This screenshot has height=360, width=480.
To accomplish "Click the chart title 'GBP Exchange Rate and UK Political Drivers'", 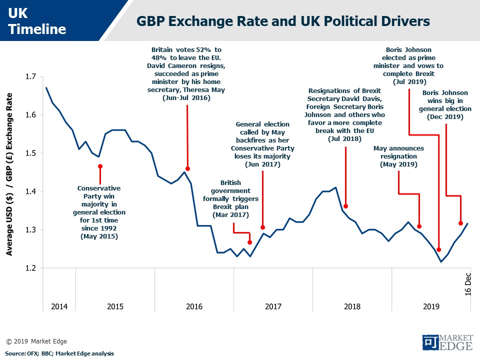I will coord(283,21).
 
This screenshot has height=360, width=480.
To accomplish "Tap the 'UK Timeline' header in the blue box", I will coord(37,22).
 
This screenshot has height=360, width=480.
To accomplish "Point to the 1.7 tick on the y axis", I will coord(30,76).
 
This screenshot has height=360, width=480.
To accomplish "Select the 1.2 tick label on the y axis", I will coord(30,268).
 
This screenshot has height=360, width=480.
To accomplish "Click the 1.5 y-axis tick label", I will coord(30,153).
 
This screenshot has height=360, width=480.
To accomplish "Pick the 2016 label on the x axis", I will coord(194,306).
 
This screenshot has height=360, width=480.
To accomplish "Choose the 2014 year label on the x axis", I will coord(59,306).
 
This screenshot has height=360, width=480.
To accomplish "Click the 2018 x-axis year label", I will coord(352,306).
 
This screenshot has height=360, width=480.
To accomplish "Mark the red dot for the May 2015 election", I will coord(100,166).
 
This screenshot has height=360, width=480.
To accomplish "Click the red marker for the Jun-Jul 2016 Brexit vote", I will coord(187,168).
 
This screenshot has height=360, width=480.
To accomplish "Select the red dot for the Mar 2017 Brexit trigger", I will coord(250,242).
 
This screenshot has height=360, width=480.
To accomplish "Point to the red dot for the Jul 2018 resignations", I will coord(345,206).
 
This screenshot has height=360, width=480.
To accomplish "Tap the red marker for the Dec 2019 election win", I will coord(460,223).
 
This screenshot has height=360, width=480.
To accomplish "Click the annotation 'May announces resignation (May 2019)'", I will coord(398,156).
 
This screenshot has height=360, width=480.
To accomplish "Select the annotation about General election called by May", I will coord(262,143).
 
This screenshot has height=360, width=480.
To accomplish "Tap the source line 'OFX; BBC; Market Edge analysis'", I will coord(60,353).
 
